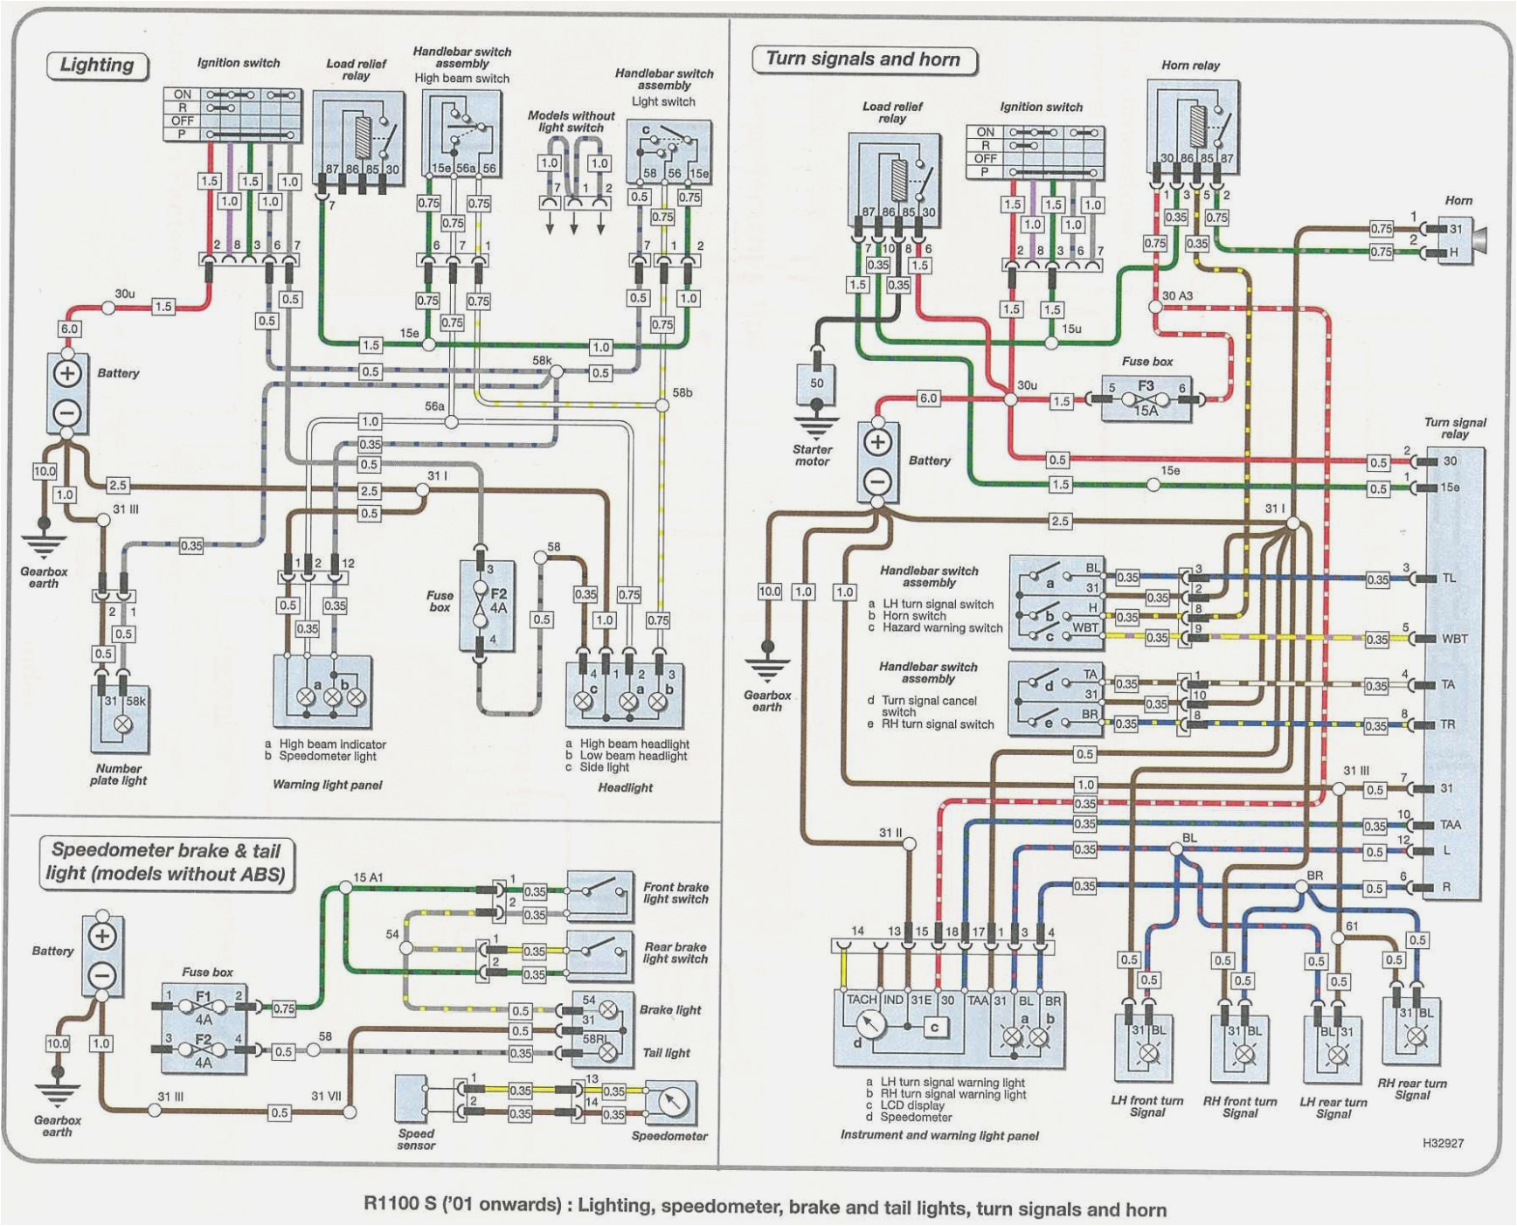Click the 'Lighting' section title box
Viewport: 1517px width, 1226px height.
point(97,66)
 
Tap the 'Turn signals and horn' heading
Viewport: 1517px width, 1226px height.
point(862,59)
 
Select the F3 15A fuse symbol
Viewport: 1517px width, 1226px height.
point(1146,398)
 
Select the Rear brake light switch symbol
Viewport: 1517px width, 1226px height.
point(599,954)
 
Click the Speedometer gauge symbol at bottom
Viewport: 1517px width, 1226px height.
point(670,1104)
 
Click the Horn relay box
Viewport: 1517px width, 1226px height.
point(1192,127)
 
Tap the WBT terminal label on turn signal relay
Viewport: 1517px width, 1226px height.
point(1454,639)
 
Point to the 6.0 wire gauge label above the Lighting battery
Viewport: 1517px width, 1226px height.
point(69,329)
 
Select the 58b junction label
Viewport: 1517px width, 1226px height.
point(682,393)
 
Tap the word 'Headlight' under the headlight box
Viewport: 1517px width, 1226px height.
point(625,787)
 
